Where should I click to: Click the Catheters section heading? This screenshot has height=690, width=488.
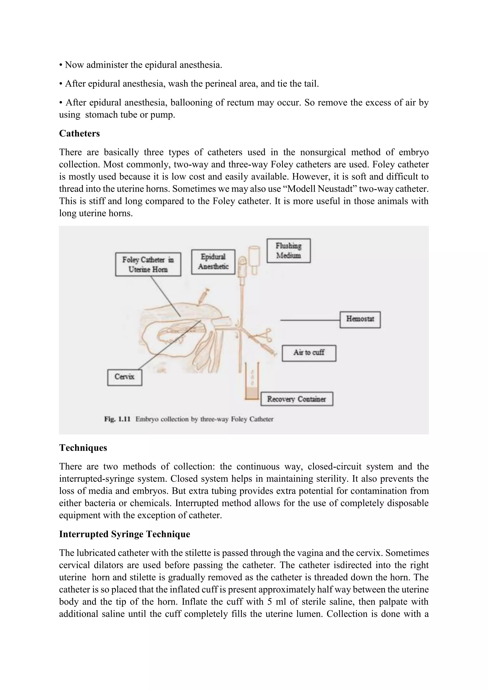coord(79,133)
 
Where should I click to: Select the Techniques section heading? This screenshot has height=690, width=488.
coord(83,447)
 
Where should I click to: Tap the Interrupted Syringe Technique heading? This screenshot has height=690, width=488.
coord(124,534)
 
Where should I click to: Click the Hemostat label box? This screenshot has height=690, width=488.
coord(360,319)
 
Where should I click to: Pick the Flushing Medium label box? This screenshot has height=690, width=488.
coord(289,251)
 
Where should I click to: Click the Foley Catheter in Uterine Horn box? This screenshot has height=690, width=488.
coord(148,264)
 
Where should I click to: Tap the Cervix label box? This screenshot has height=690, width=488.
coord(124,377)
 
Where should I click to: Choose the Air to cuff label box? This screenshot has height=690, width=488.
coord(309,353)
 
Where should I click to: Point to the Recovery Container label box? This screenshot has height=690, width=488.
coord(297,399)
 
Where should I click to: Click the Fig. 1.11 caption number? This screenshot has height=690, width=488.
coord(117,419)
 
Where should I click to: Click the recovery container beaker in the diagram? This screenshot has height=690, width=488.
coord(252,388)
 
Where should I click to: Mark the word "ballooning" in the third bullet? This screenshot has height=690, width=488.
coord(191,102)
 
